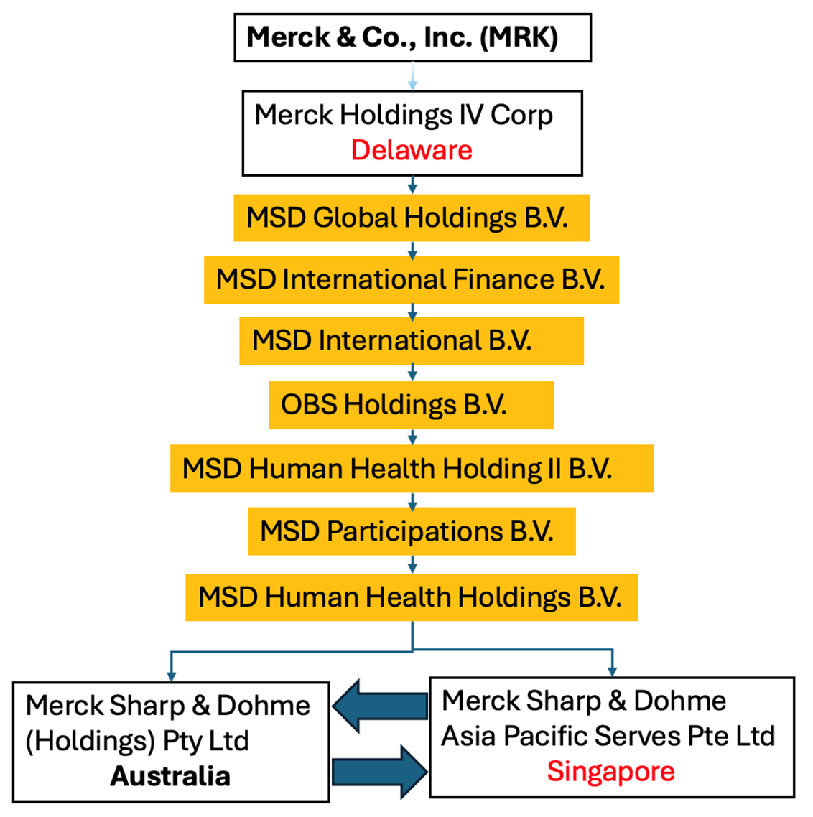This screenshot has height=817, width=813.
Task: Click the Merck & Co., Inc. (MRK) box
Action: click(x=413, y=37)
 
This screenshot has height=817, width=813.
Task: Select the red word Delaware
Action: click(x=412, y=150)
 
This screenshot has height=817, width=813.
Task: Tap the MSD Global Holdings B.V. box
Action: click(x=412, y=218)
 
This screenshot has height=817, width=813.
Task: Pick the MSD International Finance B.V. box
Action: click(x=412, y=280)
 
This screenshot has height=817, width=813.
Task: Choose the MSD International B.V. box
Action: click(x=412, y=341)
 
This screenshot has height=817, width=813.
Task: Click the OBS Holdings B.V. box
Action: click(x=412, y=405)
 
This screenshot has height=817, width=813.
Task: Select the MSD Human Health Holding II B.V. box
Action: click(x=412, y=468)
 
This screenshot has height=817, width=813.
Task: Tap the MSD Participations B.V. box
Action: click(x=412, y=531)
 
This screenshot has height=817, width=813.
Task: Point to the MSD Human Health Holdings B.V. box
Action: click(x=412, y=597)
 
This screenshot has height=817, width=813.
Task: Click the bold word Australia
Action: click(x=170, y=776)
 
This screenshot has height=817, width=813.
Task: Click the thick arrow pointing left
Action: click(x=380, y=706)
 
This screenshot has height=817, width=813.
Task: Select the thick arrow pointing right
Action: click(x=380, y=772)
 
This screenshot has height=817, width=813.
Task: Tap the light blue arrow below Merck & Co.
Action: click(x=413, y=76)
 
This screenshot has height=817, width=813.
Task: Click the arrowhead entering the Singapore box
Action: click(x=613, y=672)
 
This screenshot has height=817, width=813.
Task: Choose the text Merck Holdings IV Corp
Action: click(x=404, y=116)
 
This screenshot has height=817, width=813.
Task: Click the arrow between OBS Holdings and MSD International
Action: click(x=413, y=373)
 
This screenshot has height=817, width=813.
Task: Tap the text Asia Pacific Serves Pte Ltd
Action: click(x=608, y=737)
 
